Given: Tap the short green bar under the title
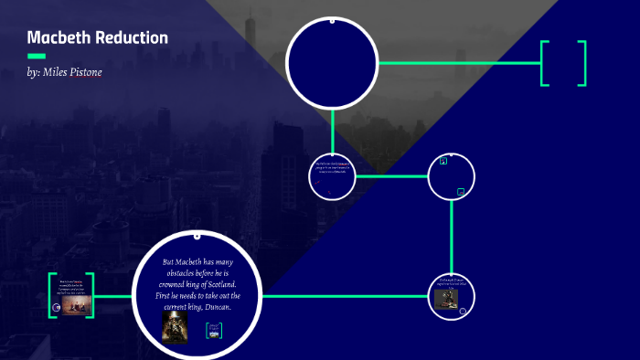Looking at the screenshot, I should click(37, 57).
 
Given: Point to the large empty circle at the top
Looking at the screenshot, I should click(332, 62).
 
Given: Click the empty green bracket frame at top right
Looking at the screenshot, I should click(563, 63).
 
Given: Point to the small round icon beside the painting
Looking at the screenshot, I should click(58, 308).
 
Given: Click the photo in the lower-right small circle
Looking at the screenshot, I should click(447, 300).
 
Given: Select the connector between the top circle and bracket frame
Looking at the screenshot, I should click(457, 63).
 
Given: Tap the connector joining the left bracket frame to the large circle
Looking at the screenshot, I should click(113, 297).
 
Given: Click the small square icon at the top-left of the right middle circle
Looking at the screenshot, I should click(443, 161).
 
